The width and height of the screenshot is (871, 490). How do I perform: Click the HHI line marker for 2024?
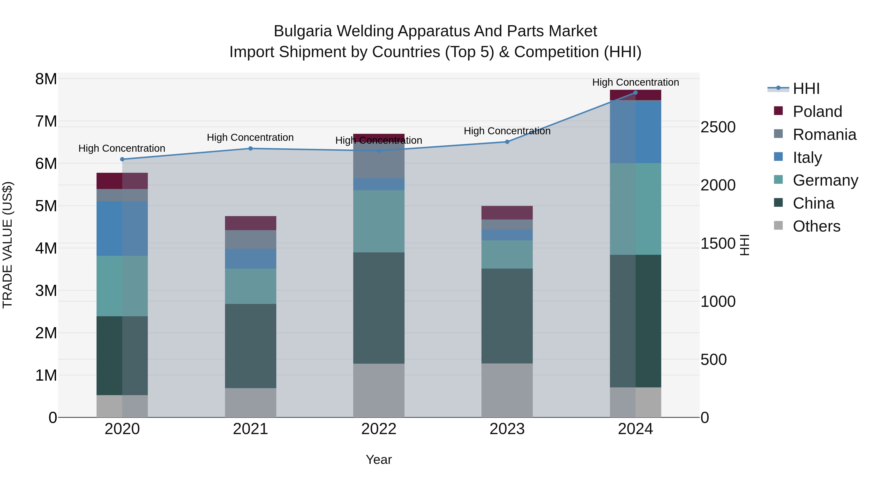pyautogui.click(x=635, y=93)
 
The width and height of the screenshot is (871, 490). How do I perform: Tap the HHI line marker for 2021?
pyautogui.click(x=251, y=149)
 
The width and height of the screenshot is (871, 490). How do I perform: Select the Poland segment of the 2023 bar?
pyautogui.click(x=507, y=213)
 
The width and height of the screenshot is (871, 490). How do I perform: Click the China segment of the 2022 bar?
pyautogui.click(x=379, y=308)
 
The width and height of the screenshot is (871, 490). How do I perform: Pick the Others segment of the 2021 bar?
pyautogui.click(x=251, y=402)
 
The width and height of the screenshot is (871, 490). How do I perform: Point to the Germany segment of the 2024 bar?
pyautogui.click(x=635, y=209)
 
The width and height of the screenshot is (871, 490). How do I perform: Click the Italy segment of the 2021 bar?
pyautogui.click(x=251, y=259)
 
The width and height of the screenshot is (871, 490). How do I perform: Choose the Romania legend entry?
pyautogui.click(x=824, y=135)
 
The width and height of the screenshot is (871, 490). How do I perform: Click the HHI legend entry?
pyautogui.click(x=806, y=89)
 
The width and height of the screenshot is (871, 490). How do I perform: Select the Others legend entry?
pyautogui.click(x=816, y=226)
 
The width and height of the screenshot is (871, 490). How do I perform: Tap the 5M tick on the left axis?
pyautogui.click(x=46, y=206)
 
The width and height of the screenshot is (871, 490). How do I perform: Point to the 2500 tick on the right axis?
pyautogui.click(x=718, y=128)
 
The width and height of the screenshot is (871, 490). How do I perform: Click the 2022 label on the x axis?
pyautogui.click(x=379, y=429)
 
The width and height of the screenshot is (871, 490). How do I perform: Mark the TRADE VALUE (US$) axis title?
pyautogui.click(x=8, y=245)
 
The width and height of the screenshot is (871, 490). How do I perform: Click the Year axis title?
pyautogui.click(x=379, y=460)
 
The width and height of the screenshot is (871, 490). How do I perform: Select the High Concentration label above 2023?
pyautogui.click(x=507, y=131)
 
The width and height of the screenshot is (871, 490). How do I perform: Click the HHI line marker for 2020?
pyautogui.click(x=122, y=159)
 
